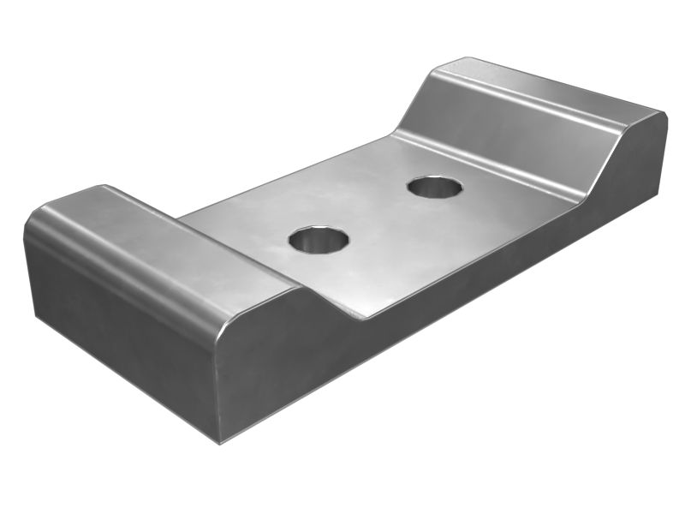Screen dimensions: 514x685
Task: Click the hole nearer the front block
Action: coord(319,240)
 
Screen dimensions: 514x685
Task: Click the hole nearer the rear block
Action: coord(435,187)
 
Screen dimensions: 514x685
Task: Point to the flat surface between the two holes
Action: coord(377,214)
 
